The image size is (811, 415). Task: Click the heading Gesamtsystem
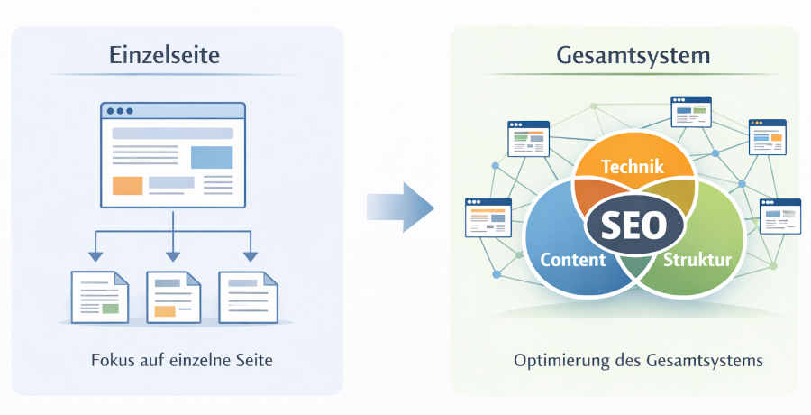(633, 55)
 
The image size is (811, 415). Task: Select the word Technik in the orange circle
(632, 167)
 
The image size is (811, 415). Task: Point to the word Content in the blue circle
(571, 261)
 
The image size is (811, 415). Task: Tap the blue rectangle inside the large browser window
(212, 157)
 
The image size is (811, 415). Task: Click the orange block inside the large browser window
(127, 186)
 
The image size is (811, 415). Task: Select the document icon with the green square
(100, 297)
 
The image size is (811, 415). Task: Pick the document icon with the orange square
(172, 297)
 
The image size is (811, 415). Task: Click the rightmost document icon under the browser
(248, 297)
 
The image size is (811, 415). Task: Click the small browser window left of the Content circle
(488, 217)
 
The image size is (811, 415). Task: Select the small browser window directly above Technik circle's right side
(690, 113)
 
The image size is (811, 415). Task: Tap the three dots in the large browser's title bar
(119, 111)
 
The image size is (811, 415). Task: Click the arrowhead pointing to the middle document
(171, 257)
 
